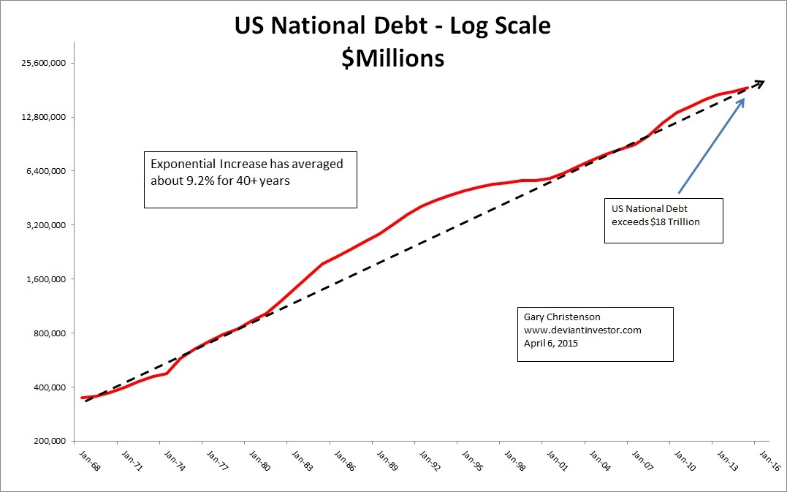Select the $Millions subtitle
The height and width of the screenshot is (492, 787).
tap(392, 58)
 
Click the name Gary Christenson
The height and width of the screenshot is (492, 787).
tap(562, 317)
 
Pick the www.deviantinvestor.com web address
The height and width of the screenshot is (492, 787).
tap(582, 330)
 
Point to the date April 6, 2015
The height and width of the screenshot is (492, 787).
tap(551, 343)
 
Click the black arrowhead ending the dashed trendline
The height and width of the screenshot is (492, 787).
tap(759, 83)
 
